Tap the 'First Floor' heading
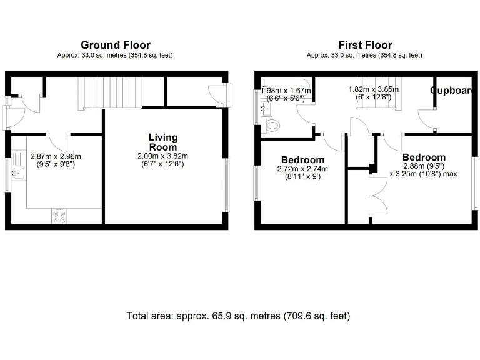click(x=364, y=45)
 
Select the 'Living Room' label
click(x=162, y=142)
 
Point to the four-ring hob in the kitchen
click(x=60, y=216)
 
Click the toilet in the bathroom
click(x=272, y=126)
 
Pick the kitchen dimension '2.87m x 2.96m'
click(x=56, y=157)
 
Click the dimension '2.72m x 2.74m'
click(x=302, y=169)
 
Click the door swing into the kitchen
click(x=57, y=141)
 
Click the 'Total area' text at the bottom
click(x=238, y=316)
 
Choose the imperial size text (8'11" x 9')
click(x=302, y=177)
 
